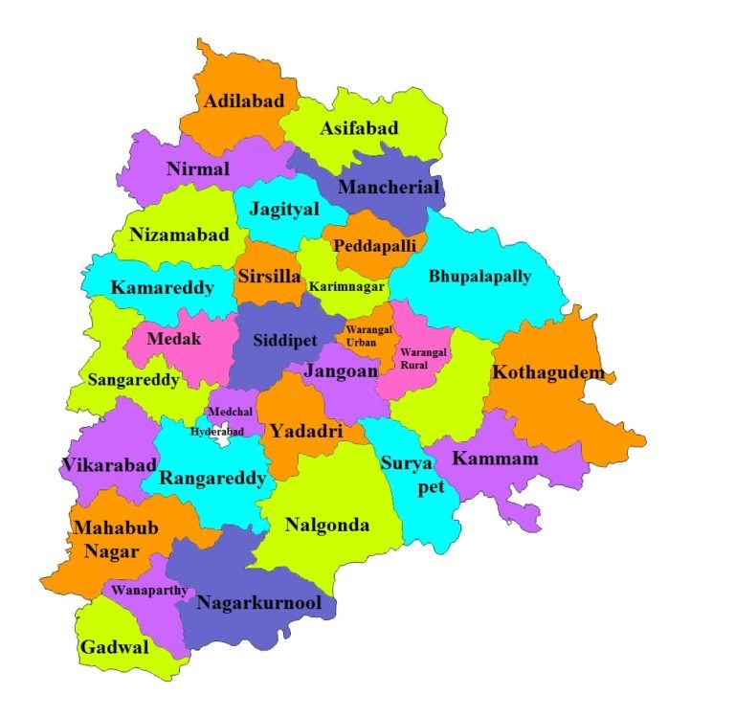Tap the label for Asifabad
coord(359,128)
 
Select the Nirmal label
coord(198,169)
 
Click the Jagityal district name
coord(284,210)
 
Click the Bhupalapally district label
coord(479,277)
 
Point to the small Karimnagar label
coord(345,286)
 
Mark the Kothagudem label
coord(547,371)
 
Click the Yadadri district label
coord(305,432)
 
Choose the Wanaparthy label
coord(149,590)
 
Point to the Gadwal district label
coord(115,647)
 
